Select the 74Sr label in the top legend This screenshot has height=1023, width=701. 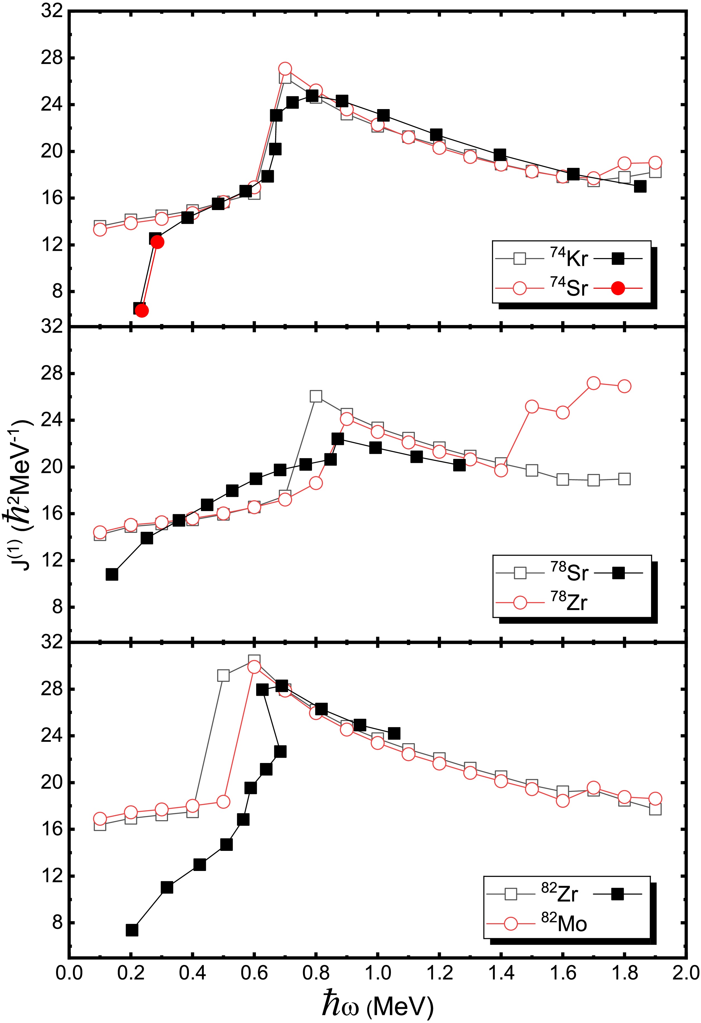569,288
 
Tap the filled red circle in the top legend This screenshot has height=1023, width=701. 618,288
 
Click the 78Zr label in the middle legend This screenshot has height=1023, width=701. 569,602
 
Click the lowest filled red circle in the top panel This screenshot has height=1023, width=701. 141,311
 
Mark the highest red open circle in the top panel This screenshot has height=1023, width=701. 285,69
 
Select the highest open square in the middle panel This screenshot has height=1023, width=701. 316,396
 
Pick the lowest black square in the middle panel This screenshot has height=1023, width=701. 112,574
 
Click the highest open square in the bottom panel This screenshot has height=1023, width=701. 254,660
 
